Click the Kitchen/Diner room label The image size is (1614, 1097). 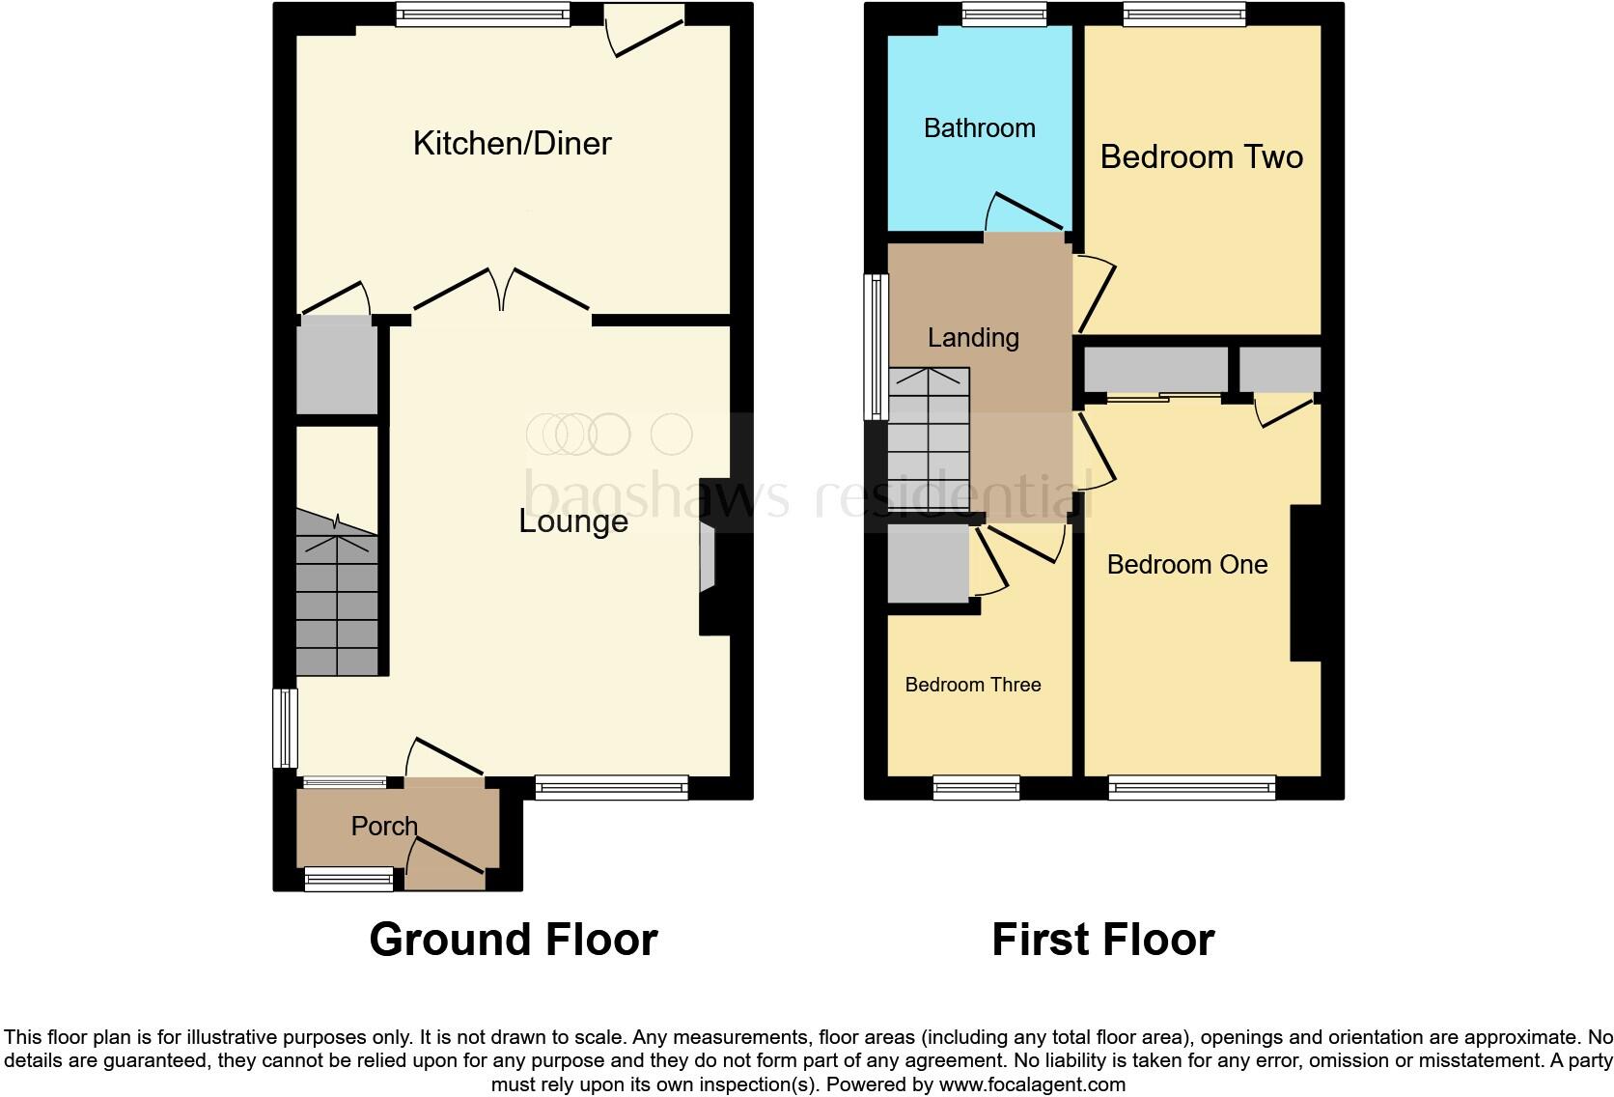[512, 143]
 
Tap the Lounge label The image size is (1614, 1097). [573, 521]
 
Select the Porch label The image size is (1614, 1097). [384, 827]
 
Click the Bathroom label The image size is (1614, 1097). [979, 128]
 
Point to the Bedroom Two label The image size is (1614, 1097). [1201, 156]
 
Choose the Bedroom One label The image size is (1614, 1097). [1186, 565]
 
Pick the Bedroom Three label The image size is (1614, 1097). [972, 685]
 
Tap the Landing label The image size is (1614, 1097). [973, 338]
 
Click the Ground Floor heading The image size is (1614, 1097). [513, 940]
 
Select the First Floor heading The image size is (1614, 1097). [1102, 940]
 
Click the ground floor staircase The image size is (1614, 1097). [336, 604]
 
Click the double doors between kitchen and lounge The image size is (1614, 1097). [502, 290]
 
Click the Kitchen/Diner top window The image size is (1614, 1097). [482, 14]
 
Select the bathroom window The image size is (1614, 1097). [1004, 14]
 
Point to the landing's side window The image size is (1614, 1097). [876, 347]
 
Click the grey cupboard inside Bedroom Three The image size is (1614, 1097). [928, 563]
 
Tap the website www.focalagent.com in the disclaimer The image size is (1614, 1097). [1032, 1084]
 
